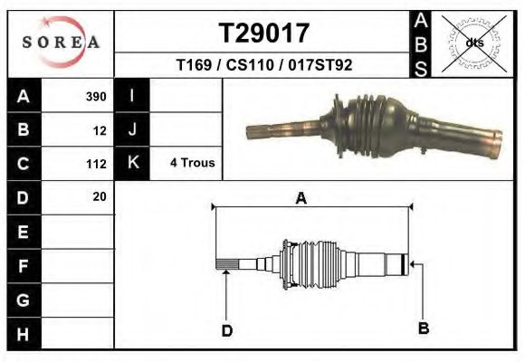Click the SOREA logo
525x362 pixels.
pos(61,42)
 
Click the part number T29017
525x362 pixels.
pos(264,33)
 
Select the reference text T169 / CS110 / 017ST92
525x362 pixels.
pos(264,65)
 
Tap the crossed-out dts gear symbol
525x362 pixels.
pos(473,43)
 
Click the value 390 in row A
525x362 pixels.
pos(96,96)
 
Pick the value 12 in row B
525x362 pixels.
pos(100,130)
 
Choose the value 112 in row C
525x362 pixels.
pos(97,164)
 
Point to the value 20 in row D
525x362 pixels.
pos(100,196)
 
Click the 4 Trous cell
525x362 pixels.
pos(192,164)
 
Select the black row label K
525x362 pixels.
pos(133,164)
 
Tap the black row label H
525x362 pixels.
pos(24,334)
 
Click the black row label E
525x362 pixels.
pos(24,232)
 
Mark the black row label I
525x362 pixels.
pos(133,96)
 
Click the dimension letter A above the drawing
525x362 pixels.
pos(301,198)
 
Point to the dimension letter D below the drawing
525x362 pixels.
pos(227,331)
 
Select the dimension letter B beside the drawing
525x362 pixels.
pos(423,327)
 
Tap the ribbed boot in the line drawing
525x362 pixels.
pos(312,262)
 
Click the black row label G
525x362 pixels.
pos(24,300)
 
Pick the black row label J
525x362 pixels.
pos(133,130)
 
